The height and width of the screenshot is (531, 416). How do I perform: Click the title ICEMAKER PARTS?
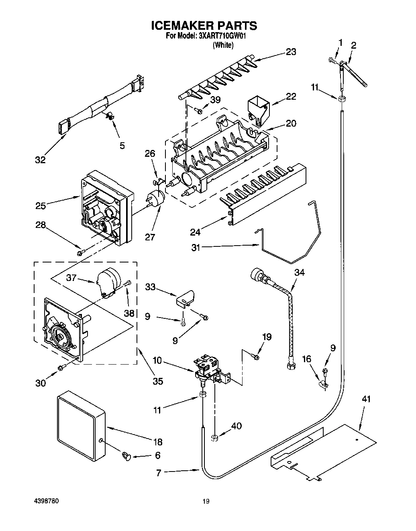pos(204,26)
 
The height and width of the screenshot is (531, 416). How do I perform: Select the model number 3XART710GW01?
pos(222,36)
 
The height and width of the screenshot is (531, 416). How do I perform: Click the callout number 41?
pos(366,399)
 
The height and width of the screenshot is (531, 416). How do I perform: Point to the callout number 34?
pos(299,272)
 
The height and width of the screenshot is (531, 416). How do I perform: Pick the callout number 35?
pos(158,381)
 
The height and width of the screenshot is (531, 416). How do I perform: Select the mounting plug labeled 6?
pos(126,456)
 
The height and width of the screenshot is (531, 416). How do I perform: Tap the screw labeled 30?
pos(61,367)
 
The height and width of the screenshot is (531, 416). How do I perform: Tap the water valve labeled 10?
pos(209,368)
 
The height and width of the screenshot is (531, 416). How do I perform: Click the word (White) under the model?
pos(223,45)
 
